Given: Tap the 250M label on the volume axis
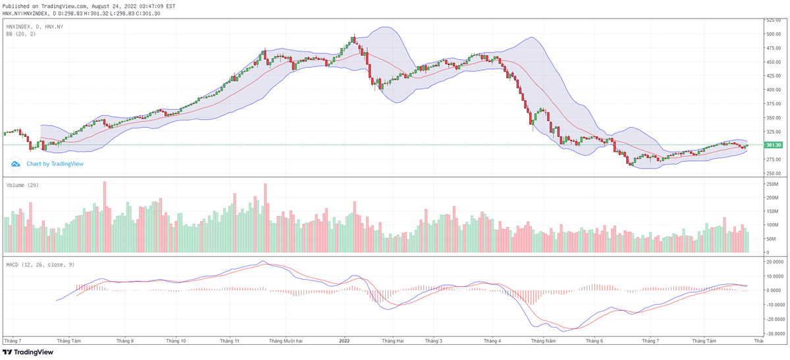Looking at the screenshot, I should pos(772,184).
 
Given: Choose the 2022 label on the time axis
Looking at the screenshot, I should pos(344,341).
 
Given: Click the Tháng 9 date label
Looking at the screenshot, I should pos(124,341).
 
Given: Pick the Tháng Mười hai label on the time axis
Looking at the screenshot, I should pos(285,341).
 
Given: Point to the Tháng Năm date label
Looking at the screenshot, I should pos(544,341).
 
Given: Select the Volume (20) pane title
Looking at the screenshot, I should pos(22,186).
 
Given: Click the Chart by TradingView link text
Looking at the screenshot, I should pos(55,164).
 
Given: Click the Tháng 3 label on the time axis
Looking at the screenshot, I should pos(433,341).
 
